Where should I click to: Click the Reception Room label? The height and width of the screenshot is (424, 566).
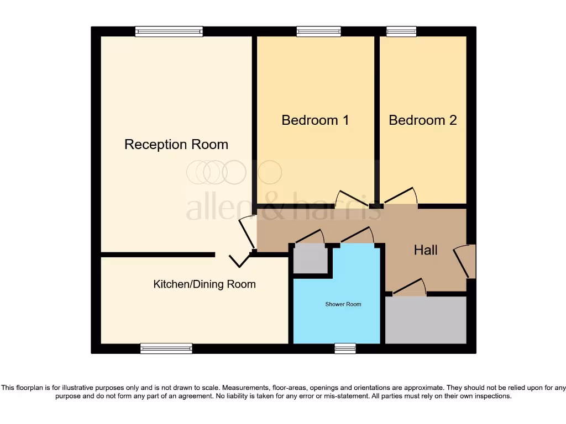[176, 145]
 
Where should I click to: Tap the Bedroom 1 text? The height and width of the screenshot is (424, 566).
[315, 120]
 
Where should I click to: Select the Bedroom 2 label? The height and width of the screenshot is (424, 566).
[423, 120]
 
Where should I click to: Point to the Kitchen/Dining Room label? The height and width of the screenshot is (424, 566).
[204, 284]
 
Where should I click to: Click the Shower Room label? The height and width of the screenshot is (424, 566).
[343, 304]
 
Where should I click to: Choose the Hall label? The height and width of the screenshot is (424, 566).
[426, 250]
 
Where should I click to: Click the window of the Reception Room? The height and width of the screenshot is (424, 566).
[169, 32]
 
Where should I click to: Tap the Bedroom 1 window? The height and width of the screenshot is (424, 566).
[318, 32]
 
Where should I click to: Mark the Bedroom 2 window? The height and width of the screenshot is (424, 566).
[401, 32]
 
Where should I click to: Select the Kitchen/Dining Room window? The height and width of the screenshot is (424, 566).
[166, 348]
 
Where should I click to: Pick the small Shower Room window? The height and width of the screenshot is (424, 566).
[345, 348]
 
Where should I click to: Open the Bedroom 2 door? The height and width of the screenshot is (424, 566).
[401, 197]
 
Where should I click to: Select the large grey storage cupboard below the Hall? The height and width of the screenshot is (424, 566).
[426, 320]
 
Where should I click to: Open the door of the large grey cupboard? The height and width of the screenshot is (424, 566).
[408, 287]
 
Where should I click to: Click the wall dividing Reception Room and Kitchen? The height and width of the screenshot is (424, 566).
[158, 255]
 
